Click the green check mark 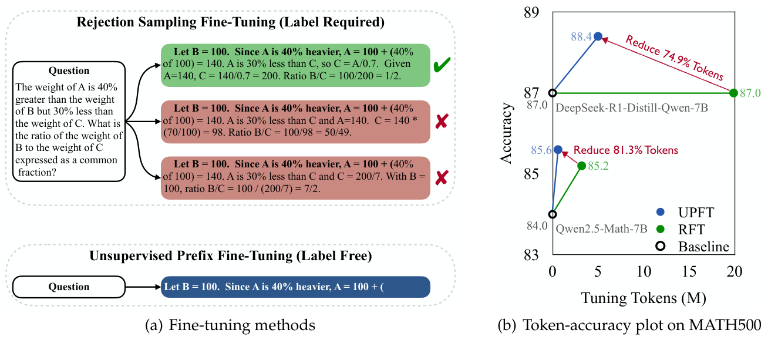pyautogui.click(x=442, y=65)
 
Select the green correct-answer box pyautogui.click(x=295, y=65)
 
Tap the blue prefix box pyautogui.click(x=295, y=287)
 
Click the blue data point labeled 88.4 pyautogui.click(x=598, y=36)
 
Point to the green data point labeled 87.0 pyautogui.click(x=733, y=93)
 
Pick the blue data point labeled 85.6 pyautogui.click(x=558, y=150)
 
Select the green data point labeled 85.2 pyautogui.click(x=581, y=166)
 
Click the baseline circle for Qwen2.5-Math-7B pyautogui.click(x=553, y=214)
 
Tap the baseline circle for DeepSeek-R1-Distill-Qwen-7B pyautogui.click(x=553, y=93)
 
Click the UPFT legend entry pyautogui.click(x=685, y=213)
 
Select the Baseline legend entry pyautogui.click(x=693, y=247)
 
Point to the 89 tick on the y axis pyautogui.click(x=531, y=12)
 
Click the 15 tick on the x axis pyautogui.click(x=689, y=271)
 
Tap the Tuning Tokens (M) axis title pyautogui.click(x=644, y=298)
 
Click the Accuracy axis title pyautogui.click(x=506, y=133)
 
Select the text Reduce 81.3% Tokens pyautogui.click(x=626, y=150)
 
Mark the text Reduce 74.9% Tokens pyautogui.click(x=675, y=57)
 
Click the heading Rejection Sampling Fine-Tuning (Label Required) pyautogui.click(x=230, y=22)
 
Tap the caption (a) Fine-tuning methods pyautogui.click(x=230, y=325)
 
